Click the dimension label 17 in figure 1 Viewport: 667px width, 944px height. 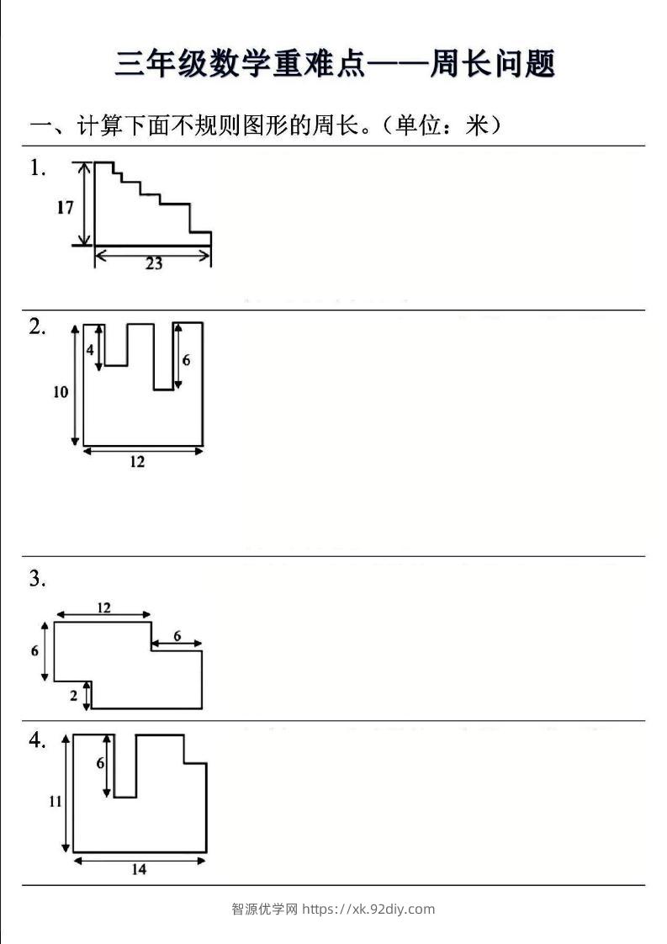[65, 208]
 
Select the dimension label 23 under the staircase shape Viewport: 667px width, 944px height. [154, 263]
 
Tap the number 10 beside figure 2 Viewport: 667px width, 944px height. [61, 392]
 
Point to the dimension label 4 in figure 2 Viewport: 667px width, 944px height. [90, 349]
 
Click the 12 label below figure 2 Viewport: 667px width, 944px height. [137, 462]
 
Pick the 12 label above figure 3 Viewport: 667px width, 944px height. [103, 607]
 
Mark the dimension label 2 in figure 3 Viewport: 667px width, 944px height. [73, 696]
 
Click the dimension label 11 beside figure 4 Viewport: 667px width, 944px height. [56, 801]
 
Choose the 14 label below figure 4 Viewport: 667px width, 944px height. [139, 869]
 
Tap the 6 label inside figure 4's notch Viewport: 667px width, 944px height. [100, 763]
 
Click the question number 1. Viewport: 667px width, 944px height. [37, 168]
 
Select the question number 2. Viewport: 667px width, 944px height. [37, 327]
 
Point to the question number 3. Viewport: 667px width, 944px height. [37, 579]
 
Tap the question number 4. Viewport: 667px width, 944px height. [37, 740]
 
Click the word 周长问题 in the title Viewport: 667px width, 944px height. [492, 63]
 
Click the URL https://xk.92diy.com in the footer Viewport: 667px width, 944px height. [368, 909]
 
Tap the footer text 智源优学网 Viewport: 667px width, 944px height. [265, 909]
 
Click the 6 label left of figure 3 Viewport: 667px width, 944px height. [35, 651]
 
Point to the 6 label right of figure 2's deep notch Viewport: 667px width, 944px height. [186, 360]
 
